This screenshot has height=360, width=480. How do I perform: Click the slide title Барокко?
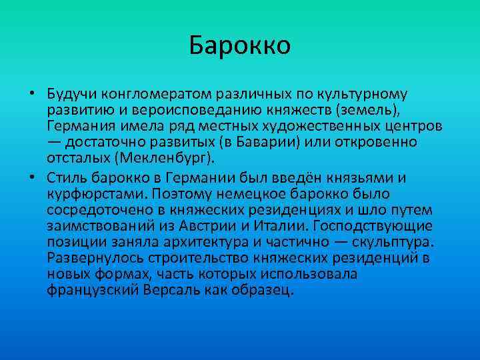point(240,46)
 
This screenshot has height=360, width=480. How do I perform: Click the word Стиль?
point(67,177)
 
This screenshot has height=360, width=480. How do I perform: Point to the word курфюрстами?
point(97,193)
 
